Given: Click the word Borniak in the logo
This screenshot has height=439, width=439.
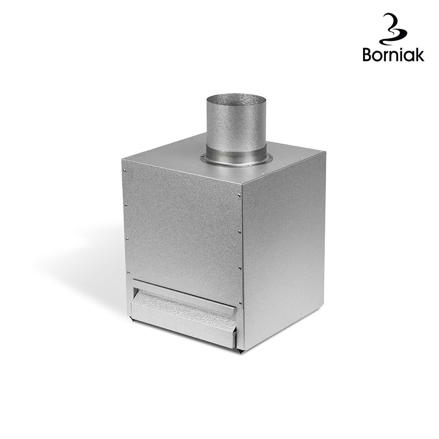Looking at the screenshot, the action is pyautogui.click(x=393, y=54).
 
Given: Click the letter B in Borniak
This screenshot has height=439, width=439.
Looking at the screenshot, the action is pyautogui.click(x=367, y=54).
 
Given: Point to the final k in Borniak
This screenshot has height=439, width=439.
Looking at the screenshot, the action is pyautogui.click(x=419, y=54).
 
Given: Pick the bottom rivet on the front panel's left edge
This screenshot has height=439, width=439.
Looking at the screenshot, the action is pyautogui.click(x=128, y=273).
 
